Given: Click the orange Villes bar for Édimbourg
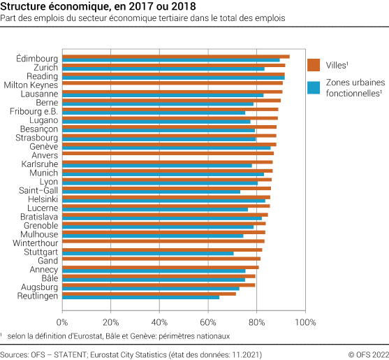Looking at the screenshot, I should point(175,56).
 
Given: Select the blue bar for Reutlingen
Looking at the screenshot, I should point(140,298).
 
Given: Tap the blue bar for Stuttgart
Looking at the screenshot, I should point(147,252).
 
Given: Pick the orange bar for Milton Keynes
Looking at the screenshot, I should point(171,82).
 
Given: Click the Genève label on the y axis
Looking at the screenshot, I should point(44,146).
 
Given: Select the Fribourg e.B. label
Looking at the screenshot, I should point(34,111).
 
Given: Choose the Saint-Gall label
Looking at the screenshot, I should point(39,190).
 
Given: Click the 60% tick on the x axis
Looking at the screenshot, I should point(207,322).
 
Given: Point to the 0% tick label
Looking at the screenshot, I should point(62,322).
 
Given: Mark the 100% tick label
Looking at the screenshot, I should point(306,322).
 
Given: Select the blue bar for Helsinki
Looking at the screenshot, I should point(163,201).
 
